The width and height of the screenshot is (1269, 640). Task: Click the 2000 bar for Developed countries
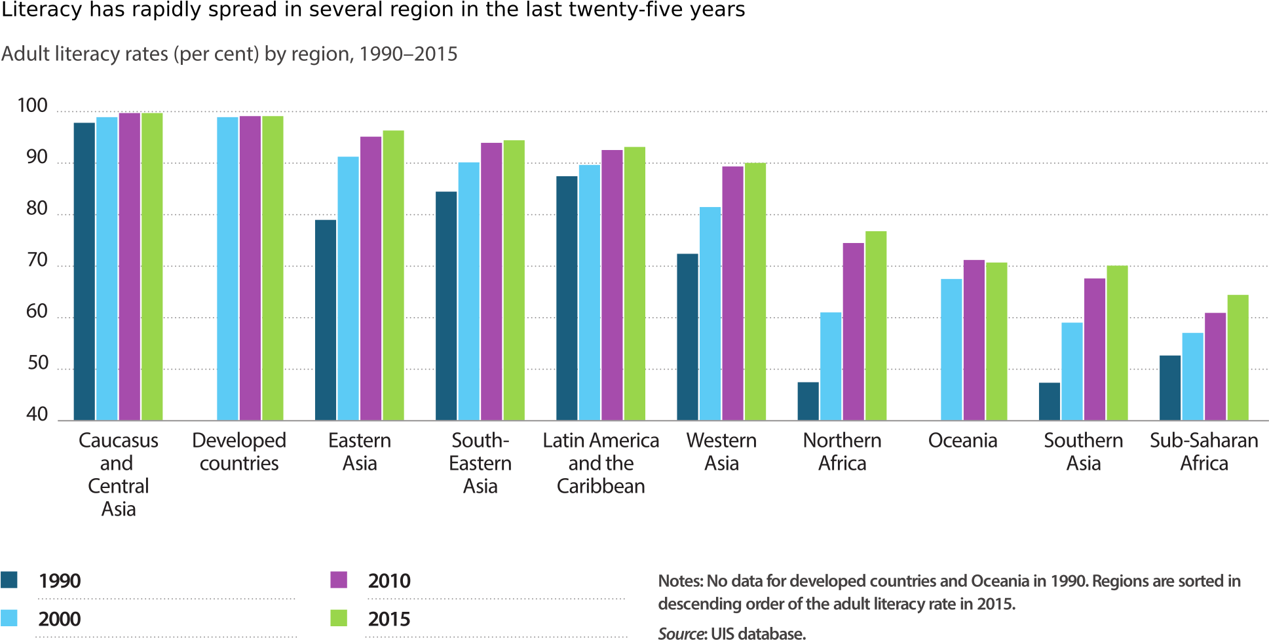227,269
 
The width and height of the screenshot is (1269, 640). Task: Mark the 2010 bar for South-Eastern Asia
491,282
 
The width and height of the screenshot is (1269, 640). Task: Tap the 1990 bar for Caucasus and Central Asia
85,271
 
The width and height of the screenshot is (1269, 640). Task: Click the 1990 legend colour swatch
9,580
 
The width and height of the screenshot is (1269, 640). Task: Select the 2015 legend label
388,619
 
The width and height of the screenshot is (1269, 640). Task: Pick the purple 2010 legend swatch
339,580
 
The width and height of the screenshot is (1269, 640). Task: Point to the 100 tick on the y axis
33,106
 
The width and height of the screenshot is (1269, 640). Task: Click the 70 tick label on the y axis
37,261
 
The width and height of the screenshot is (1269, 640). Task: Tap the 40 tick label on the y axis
37,415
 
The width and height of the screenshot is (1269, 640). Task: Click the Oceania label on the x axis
962,440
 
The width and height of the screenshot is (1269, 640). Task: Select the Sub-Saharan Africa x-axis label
1203,451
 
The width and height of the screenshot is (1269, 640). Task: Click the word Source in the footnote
681,633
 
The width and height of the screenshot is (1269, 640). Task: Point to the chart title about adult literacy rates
229,54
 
